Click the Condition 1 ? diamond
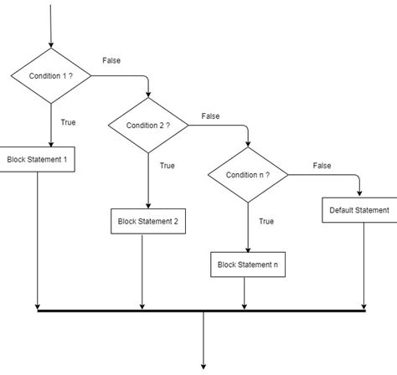[51, 76]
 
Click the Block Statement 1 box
[38, 160]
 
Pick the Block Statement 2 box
[147, 221]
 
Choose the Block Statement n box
[247, 265]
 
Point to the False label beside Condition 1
[111, 61]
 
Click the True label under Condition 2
[168, 166]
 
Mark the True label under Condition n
[266, 221]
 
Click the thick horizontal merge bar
[202, 311]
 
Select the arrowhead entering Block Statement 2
[147, 205]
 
